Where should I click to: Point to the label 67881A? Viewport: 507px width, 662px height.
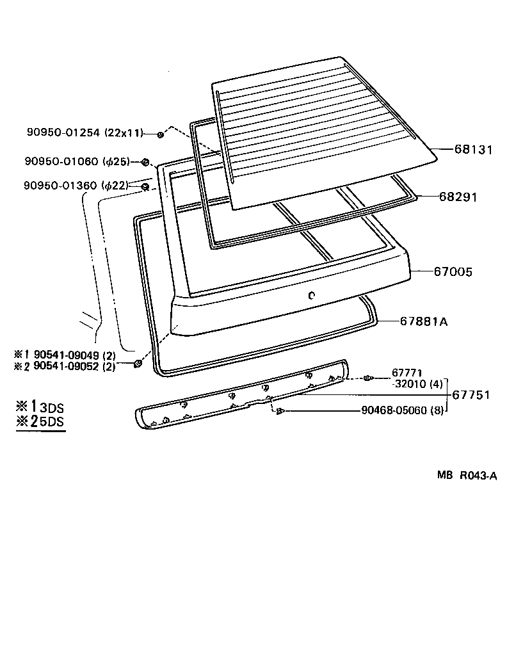(423, 321)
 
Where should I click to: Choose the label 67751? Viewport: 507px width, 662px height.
(471, 395)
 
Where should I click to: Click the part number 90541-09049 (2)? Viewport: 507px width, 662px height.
(74, 354)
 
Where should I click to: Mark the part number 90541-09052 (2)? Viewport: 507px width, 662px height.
(74, 366)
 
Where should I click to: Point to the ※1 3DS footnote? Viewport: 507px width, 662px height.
(40, 407)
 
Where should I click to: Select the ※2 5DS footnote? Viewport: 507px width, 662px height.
(40, 422)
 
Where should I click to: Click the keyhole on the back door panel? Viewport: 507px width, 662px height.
(310, 295)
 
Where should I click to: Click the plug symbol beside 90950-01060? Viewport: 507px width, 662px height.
(146, 161)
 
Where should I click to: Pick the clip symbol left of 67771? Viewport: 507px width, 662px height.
(368, 378)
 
